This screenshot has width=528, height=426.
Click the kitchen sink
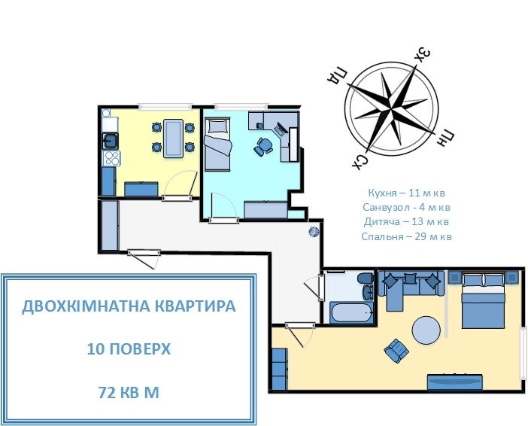(111, 139)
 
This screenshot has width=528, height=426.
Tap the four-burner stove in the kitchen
(111, 158)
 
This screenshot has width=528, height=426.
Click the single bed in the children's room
(218, 143)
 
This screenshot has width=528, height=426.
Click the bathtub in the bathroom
(349, 312)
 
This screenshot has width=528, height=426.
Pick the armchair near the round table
(396, 349)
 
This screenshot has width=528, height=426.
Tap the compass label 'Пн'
(446, 136)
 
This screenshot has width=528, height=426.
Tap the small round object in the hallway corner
(314, 232)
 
